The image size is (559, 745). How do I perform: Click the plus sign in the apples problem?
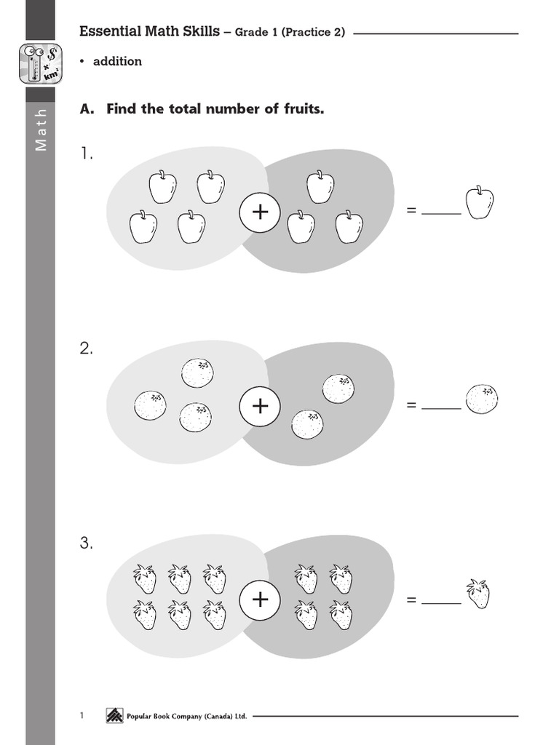[x=260, y=212]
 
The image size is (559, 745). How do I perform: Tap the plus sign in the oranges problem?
[x=260, y=406]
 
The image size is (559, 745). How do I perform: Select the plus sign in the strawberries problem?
[x=260, y=599]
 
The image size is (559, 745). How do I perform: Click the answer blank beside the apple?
[x=441, y=214]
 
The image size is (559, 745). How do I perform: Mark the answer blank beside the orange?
[x=441, y=407]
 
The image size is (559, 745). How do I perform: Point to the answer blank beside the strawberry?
[x=441, y=603]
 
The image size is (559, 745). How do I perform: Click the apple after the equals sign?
[x=480, y=203]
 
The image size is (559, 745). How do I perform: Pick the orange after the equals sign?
[x=482, y=399]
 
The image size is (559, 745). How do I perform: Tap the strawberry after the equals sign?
[x=478, y=594]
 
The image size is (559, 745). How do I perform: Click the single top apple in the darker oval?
[x=320, y=187]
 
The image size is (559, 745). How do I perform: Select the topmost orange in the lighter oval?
[x=197, y=373]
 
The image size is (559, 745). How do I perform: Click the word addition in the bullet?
[x=117, y=61]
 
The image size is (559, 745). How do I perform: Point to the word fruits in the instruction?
[x=304, y=109]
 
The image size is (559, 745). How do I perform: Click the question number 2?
[x=86, y=348]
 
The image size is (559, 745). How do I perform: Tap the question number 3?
[x=86, y=543]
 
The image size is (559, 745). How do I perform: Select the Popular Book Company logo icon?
[x=114, y=716]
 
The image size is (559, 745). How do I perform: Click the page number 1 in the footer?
[x=82, y=716]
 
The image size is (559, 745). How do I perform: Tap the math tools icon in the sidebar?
[x=41, y=64]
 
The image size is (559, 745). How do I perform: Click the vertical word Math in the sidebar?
[x=41, y=130]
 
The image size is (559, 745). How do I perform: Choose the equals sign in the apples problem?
[x=411, y=210]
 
